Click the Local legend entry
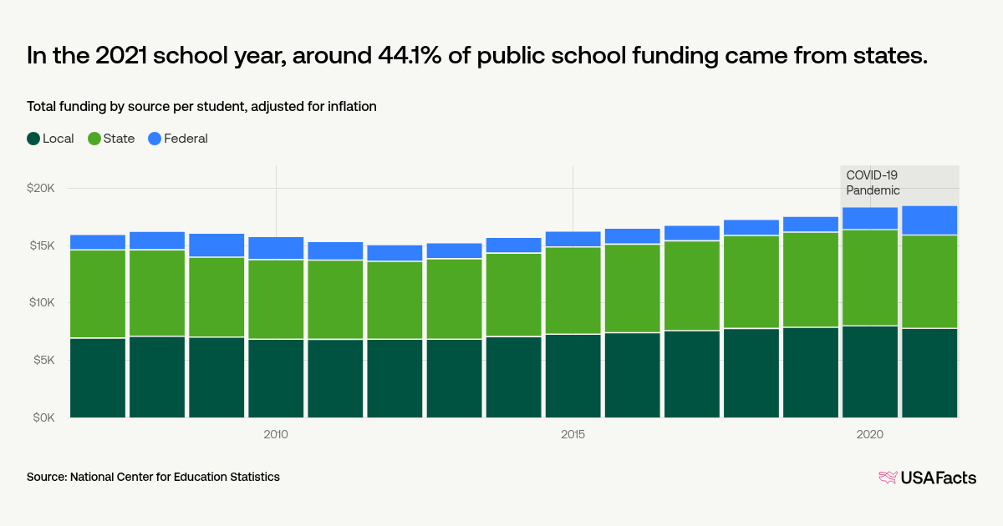click(x=51, y=139)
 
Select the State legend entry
click(x=111, y=139)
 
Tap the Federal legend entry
click(x=178, y=139)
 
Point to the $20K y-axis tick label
click(x=39, y=189)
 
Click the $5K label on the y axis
click(x=42, y=360)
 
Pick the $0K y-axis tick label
click(x=42, y=417)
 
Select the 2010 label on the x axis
click(x=276, y=434)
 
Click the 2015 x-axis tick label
click(x=573, y=434)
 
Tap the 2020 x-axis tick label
click(x=869, y=434)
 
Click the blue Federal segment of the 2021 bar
click(x=929, y=220)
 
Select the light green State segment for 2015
click(x=573, y=290)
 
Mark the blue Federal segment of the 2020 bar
click(x=869, y=218)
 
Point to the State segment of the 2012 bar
click(x=395, y=300)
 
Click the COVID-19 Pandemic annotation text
click(x=873, y=183)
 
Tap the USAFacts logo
click(x=927, y=478)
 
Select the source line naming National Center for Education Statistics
click(x=153, y=477)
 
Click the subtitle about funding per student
click(x=201, y=106)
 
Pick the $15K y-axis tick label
click(x=40, y=245)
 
